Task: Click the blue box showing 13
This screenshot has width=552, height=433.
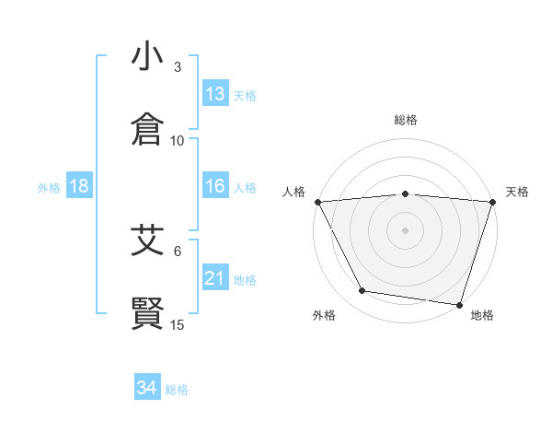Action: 215,94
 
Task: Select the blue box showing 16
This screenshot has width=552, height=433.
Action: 215,186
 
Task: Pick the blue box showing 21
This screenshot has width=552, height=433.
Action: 215,278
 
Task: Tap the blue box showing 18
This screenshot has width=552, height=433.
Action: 78,186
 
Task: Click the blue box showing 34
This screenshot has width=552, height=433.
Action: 147,388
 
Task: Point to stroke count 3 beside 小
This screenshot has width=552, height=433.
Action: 178,67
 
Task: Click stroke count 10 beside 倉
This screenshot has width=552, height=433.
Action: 178,141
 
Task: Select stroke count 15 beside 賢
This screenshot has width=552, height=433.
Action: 178,324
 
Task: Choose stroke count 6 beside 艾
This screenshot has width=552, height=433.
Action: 178,251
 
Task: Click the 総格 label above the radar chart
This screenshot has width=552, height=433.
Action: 406,120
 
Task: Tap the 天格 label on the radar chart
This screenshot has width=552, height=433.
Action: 517,192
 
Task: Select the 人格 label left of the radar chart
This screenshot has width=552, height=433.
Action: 293,192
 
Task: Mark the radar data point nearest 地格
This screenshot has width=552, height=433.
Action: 460,304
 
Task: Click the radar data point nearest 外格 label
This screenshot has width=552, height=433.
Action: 362,291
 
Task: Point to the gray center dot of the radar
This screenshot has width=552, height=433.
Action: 406,229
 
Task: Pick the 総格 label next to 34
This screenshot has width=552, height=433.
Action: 177,390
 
